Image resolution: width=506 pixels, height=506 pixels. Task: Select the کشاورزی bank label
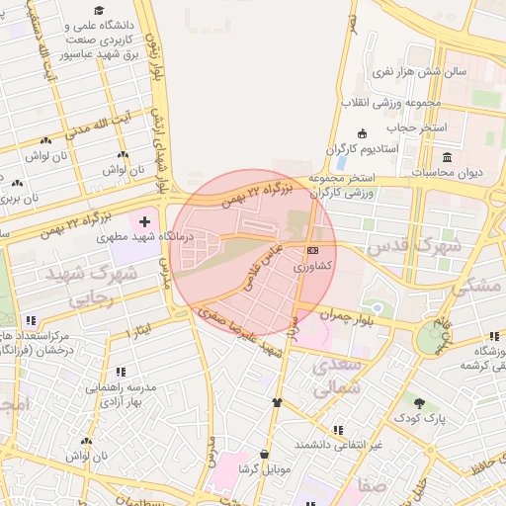(313, 267)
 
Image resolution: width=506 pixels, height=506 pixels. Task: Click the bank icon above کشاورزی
(313, 250)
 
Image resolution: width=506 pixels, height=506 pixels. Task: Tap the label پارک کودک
(423, 419)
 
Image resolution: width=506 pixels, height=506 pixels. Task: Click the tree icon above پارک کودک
(420, 402)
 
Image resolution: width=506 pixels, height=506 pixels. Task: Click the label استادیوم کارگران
(363, 149)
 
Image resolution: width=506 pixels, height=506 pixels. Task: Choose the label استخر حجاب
(416, 127)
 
